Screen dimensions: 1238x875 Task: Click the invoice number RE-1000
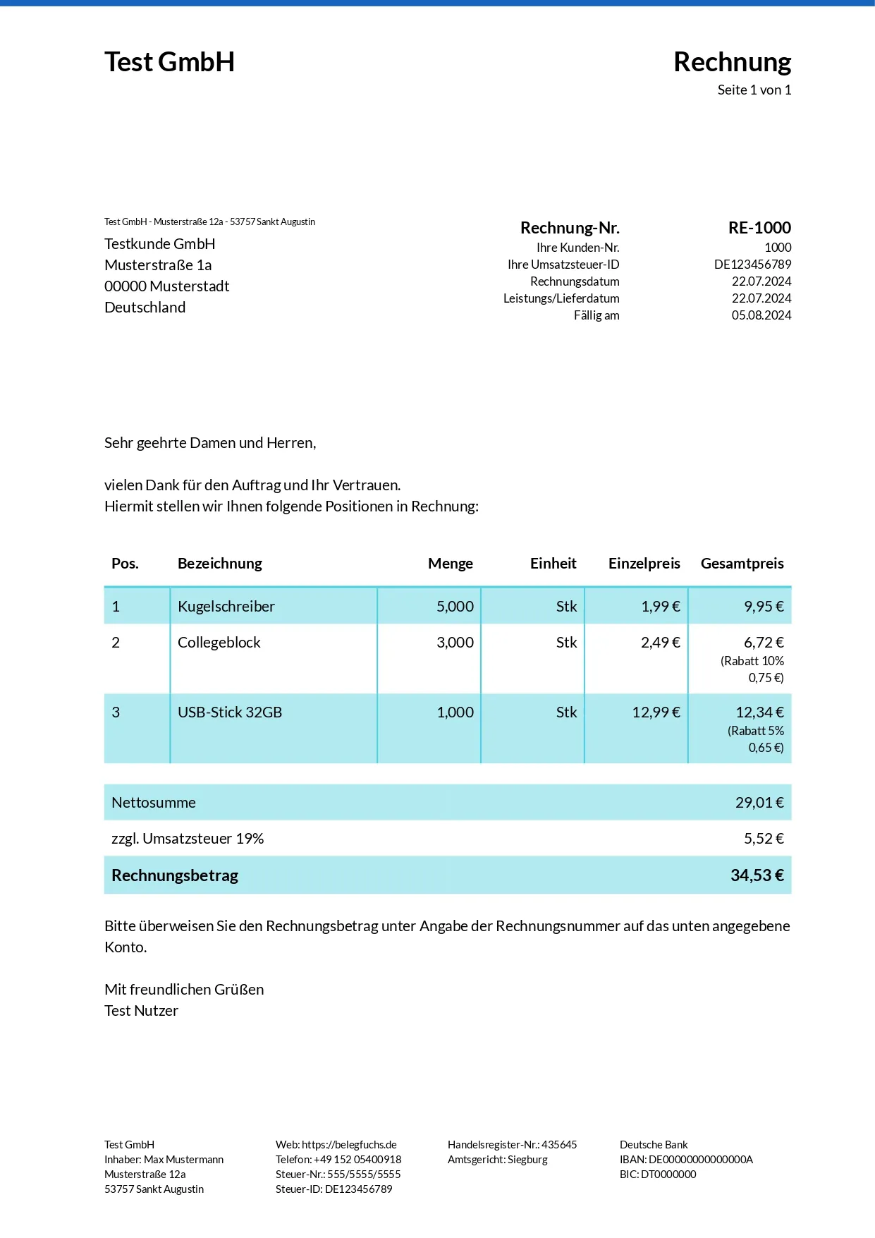[759, 228]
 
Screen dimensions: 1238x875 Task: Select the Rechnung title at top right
[732, 62]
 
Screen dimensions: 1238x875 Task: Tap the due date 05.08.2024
[761, 315]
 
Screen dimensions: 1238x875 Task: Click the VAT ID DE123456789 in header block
[752, 265]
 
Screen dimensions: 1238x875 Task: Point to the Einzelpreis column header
[644, 564]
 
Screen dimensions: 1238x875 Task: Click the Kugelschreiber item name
[226, 607]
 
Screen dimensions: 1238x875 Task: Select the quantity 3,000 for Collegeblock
[455, 643]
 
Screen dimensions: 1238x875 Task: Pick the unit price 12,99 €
[656, 712]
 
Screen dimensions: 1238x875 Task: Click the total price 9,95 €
[764, 607]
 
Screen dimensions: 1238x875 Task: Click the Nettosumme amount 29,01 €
[759, 803]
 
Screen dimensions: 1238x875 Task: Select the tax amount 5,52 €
[764, 839]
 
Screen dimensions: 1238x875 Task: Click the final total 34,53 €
[757, 875]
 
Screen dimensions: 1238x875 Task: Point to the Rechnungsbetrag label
[175, 875]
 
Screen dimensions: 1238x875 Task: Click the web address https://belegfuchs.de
[349, 1145]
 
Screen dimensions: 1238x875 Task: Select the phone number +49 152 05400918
[357, 1160]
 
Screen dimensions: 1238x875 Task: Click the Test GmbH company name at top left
[169, 62]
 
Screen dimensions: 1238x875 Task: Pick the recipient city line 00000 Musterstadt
[166, 286]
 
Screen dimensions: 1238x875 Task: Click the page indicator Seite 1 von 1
[754, 90]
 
